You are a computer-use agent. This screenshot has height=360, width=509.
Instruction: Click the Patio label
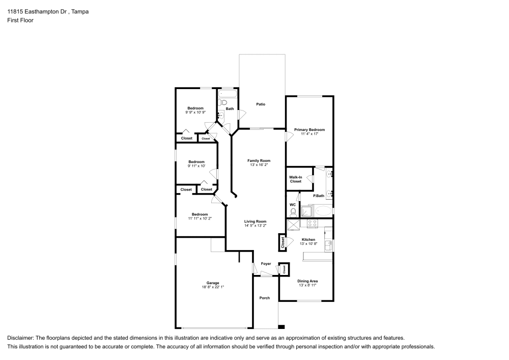coord(261,104)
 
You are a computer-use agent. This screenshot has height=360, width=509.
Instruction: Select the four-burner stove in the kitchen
coord(312,223)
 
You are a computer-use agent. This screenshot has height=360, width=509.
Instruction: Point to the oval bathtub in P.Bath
coord(323,210)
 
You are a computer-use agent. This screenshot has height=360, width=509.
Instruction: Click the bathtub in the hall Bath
coord(227,94)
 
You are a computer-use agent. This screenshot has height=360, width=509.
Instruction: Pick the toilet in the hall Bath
coord(223,102)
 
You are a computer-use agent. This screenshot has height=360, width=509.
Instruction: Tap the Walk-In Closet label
coord(296,179)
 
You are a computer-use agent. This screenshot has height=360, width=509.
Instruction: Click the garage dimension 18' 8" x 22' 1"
coord(212,287)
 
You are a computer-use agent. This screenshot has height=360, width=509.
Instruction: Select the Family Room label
coord(259,160)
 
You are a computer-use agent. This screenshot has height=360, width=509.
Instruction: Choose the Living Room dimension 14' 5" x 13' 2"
coord(255,226)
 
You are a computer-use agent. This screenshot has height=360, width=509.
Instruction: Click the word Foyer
coord(266,264)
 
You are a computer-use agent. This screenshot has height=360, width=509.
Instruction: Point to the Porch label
coord(265,298)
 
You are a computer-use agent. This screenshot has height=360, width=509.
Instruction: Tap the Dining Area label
coord(307,281)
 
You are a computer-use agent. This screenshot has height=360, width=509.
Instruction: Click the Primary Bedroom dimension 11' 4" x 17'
coord(309,134)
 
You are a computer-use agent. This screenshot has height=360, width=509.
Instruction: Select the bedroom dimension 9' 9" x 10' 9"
coord(195,112)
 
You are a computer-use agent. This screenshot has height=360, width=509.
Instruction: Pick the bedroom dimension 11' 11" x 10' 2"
coord(200,218)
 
